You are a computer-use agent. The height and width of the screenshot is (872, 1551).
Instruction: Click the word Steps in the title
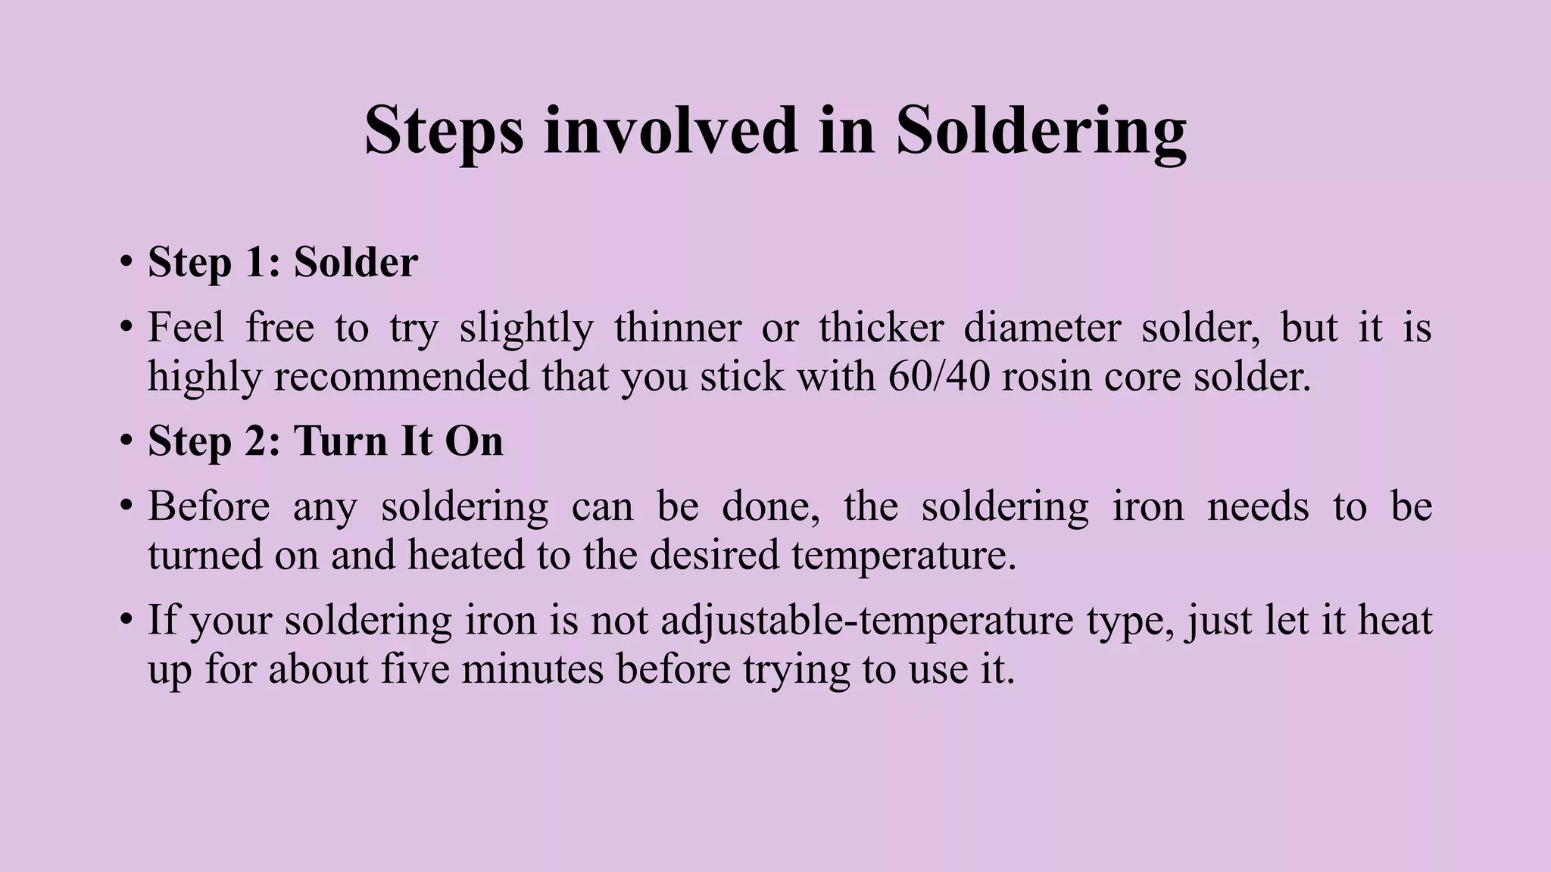point(444,132)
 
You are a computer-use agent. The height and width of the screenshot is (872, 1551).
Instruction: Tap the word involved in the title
point(671,130)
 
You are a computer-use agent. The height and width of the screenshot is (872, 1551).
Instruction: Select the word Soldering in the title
point(1041,132)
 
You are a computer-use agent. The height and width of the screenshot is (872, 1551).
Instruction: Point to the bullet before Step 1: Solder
point(126,263)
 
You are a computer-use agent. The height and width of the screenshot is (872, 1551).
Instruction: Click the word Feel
point(186,328)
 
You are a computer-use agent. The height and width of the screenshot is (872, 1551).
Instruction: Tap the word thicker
point(881,328)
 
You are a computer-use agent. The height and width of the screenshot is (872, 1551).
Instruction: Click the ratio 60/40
point(938,376)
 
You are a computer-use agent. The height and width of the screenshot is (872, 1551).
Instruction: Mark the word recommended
point(401,376)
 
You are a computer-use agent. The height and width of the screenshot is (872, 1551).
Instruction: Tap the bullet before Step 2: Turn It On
point(126,441)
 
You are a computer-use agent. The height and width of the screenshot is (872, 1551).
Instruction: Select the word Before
point(208,506)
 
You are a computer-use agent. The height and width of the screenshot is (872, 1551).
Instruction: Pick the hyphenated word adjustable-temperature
point(867,620)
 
